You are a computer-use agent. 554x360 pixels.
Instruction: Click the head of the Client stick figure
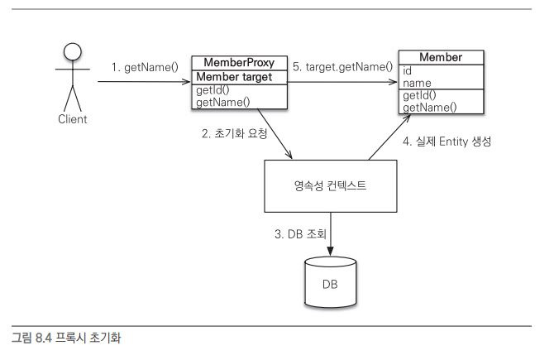73,51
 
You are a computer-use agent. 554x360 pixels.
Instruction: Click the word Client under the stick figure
73,118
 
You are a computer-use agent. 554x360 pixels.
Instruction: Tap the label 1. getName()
146,66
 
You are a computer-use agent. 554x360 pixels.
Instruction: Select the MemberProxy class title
239,63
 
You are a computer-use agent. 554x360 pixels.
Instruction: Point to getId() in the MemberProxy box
214,90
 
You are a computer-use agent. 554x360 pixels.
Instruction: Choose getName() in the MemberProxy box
223,103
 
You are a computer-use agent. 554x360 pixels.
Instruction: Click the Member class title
441,57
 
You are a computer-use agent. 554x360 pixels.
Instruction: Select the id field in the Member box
408,70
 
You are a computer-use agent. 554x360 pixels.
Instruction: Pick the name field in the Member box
418,83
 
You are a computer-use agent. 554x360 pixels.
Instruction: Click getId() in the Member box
420,96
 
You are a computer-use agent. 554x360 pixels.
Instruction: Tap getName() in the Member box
429,108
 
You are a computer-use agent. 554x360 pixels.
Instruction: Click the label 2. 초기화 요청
234,133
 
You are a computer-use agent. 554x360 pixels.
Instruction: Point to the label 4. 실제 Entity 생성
447,141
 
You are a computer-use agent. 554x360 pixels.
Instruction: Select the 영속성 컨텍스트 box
330,187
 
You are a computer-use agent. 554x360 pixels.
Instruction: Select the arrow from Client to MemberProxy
144,82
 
